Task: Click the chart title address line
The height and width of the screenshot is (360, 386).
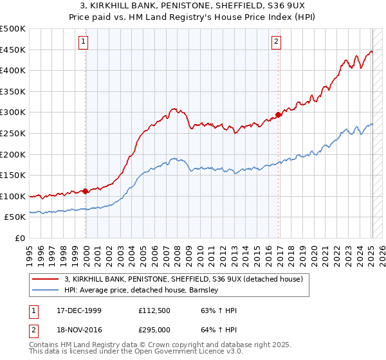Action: (x=192, y=6)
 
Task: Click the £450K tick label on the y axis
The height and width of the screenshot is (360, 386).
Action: (x=13, y=50)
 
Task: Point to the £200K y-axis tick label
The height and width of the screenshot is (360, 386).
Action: (x=13, y=154)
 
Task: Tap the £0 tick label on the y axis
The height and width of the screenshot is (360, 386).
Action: (x=19, y=238)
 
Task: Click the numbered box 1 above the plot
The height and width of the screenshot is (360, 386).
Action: (x=84, y=42)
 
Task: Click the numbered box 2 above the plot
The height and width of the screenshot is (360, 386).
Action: (x=276, y=42)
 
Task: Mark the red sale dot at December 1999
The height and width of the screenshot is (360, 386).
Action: (x=86, y=191)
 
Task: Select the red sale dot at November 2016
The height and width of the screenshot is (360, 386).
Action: (x=278, y=115)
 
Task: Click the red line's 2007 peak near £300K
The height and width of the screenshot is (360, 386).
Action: (x=174, y=109)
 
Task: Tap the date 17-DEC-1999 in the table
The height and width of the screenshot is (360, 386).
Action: (x=78, y=310)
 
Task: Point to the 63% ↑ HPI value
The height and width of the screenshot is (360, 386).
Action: (x=214, y=310)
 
